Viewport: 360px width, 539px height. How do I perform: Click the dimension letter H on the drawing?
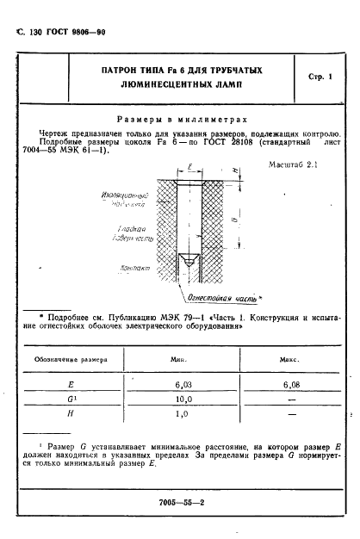pos(237,171)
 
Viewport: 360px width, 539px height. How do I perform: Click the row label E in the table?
pos(69,386)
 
